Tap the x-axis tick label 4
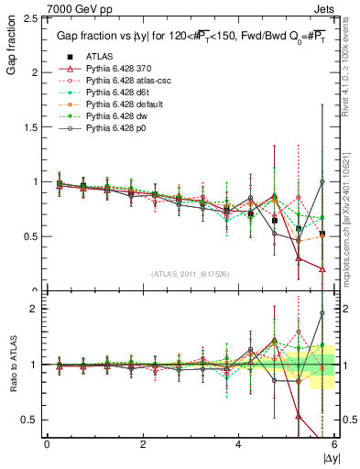point(238,443)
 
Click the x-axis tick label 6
point(334,443)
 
